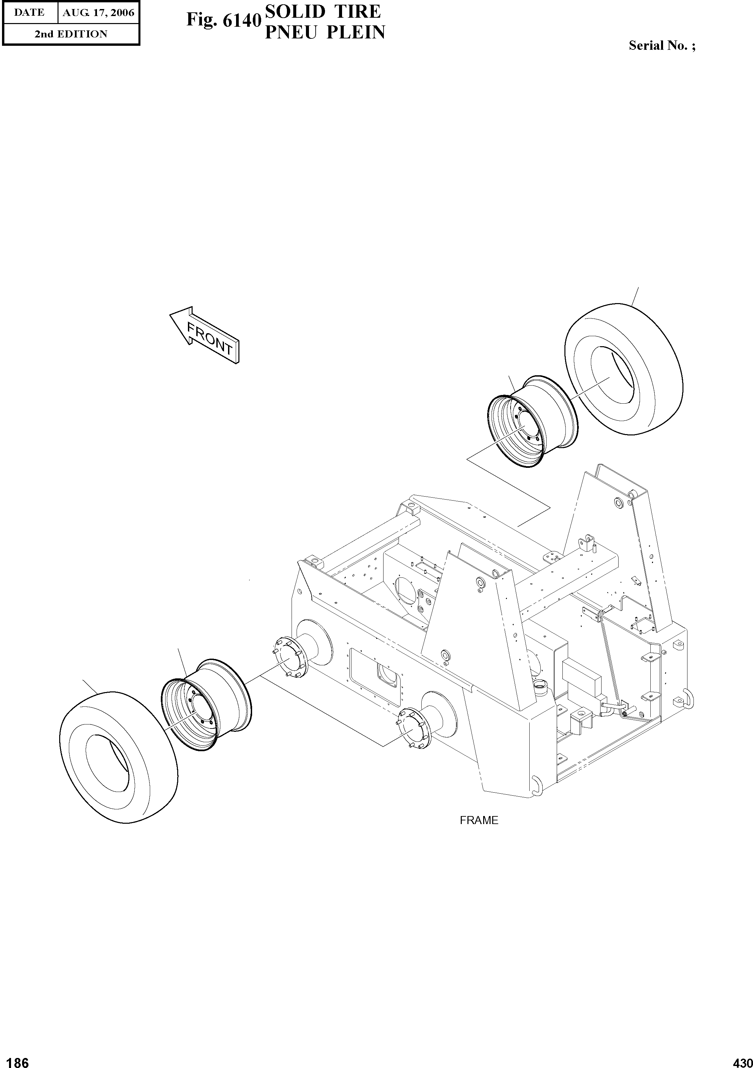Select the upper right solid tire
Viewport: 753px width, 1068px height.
coord(624,370)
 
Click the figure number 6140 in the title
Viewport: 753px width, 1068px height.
coord(222,20)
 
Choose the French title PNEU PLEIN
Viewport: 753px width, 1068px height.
coord(325,32)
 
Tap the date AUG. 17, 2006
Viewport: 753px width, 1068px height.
coord(98,13)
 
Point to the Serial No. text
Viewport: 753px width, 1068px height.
coord(662,45)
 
